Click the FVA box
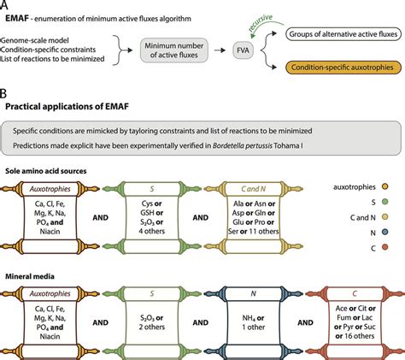[243, 50]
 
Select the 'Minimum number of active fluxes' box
[174, 50]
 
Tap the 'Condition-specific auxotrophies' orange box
[343, 68]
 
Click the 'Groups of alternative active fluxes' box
[343, 34]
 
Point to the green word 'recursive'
[261, 22]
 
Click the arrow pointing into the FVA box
[220, 50]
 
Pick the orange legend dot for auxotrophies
[384, 187]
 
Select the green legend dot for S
[384, 202]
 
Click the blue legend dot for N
[384, 233]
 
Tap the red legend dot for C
[384, 247]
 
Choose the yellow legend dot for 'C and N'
[384, 217]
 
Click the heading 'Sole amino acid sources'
[46, 171]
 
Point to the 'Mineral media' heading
[30, 276]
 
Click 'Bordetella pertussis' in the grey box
[243, 145]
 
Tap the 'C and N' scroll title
[254, 189]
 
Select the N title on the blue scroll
[253, 293]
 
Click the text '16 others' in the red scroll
[359, 336]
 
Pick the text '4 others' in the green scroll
[152, 231]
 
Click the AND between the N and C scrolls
[305, 322]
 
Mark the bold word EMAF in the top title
[17, 19]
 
